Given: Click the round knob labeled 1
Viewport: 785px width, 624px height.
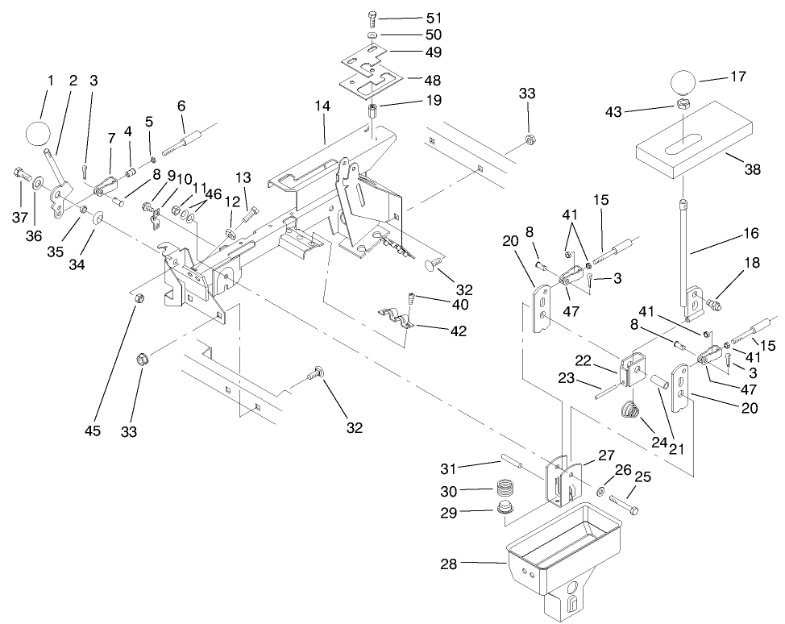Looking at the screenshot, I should (x=37, y=133).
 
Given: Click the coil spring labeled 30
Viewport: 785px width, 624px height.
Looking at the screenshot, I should (x=505, y=489).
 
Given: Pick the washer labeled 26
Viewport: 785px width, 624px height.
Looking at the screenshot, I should (x=602, y=491).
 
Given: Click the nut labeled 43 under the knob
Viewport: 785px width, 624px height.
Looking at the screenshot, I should (x=682, y=105).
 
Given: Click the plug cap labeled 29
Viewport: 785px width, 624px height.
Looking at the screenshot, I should (x=505, y=509).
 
